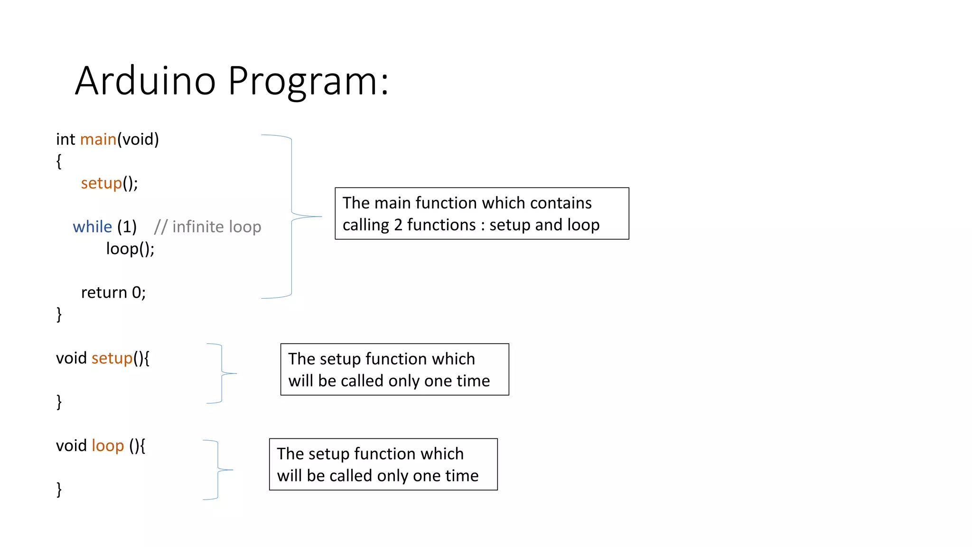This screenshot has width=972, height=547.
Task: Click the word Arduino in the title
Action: [x=145, y=81]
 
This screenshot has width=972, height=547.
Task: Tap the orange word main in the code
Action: [x=98, y=139]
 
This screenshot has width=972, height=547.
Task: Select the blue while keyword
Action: [x=92, y=226]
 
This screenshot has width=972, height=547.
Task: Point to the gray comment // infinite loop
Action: [x=207, y=226]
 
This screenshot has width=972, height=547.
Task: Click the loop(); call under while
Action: [x=130, y=248]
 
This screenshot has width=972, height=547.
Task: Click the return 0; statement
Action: [x=113, y=292]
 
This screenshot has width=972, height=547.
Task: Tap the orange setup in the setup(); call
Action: [x=101, y=183]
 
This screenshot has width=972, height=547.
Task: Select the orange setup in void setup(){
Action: [x=112, y=358]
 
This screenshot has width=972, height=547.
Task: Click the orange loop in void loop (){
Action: [x=108, y=446]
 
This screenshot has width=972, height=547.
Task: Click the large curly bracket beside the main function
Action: [x=291, y=217]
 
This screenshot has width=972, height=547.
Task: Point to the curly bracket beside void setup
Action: [x=222, y=374]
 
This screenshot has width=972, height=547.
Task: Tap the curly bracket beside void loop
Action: [x=218, y=470]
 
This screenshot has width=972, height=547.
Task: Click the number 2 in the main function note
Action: [x=398, y=225]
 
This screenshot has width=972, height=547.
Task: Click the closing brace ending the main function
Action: [x=59, y=314]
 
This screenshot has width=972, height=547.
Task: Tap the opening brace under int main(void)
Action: [x=59, y=161]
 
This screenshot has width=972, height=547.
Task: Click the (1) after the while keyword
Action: [x=127, y=226]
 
